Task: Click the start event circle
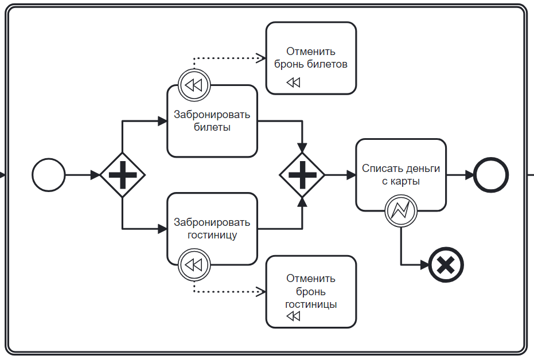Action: [x=49, y=175]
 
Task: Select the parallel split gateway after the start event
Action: [x=122, y=175]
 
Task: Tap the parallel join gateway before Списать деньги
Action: [x=302, y=175]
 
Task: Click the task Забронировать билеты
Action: [x=212, y=122]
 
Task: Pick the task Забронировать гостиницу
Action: [x=212, y=228]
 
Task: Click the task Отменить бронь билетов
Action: [x=311, y=58]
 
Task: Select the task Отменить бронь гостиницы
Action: [x=311, y=291]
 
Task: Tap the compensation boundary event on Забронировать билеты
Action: [x=194, y=85]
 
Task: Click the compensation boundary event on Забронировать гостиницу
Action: [x=194, y=265]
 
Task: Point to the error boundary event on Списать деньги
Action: [x=400, y=211]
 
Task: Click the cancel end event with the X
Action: [x=447, y=265]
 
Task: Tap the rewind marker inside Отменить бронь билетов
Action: [x=293, y=83]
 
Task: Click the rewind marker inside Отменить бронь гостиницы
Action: [x=293, y=316]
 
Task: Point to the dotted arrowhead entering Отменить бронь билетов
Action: [x=261, y=58]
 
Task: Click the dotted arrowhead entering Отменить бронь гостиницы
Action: [x=261, y=291]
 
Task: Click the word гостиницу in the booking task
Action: [x=212, y=235]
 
